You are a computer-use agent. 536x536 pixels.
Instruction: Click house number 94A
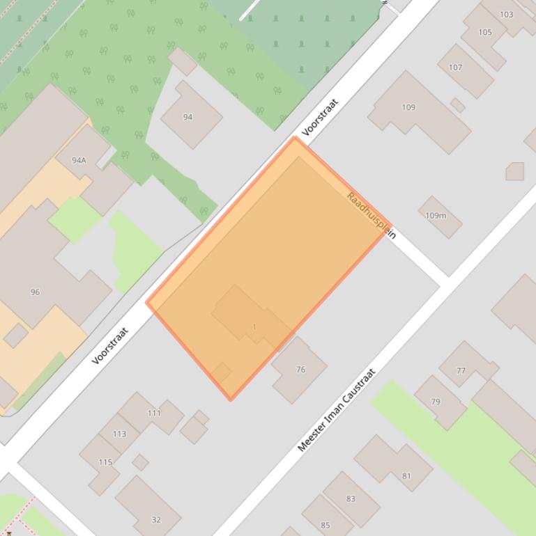79,160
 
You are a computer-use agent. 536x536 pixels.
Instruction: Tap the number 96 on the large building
35,292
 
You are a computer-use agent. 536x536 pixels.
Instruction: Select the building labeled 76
300,370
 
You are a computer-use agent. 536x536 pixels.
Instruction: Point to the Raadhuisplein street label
371,216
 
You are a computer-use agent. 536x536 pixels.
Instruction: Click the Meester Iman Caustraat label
336,410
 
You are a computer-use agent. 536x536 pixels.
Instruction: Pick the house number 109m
436,216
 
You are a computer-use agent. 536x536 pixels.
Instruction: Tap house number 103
506,14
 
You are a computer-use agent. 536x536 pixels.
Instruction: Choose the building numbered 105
485,32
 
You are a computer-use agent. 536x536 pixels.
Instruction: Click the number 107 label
455,68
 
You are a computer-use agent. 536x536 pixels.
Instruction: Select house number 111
154,413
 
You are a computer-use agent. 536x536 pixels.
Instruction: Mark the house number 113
119,434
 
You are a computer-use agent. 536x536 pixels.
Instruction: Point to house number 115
105,462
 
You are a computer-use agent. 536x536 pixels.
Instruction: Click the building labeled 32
156,519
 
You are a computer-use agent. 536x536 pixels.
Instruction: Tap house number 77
461,371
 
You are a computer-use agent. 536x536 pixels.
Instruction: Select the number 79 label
436,402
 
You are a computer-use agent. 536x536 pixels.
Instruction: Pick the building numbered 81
406,476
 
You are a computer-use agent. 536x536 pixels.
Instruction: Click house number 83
351,498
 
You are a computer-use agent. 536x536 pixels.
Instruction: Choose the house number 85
326,525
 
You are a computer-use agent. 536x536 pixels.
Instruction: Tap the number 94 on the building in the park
187,117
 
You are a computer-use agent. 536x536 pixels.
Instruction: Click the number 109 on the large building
408,107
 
